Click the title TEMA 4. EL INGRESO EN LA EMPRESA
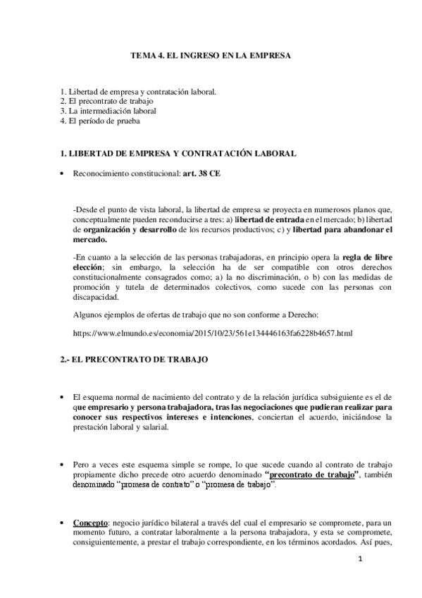[x=211, y=54]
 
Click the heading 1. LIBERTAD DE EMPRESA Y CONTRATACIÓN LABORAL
[x=178, y=153]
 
